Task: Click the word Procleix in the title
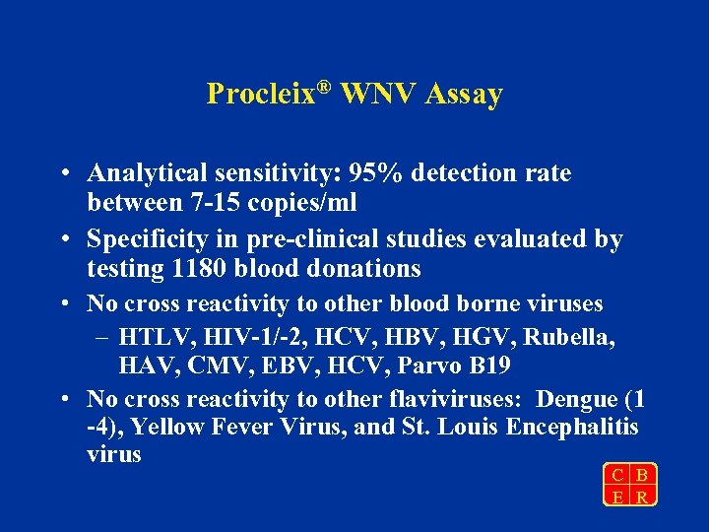coord(259,95)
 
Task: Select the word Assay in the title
coord(466,95)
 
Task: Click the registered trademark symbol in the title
coord(324,86)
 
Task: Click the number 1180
coord(193,268)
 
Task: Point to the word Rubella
coord(570,337)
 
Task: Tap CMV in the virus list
coord(211,366)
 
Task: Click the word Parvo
coord(438,366)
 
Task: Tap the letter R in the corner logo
coord(642,498)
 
